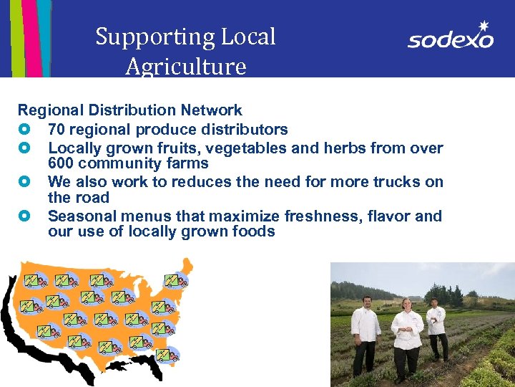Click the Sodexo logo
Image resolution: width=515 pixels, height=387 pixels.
point(451,36)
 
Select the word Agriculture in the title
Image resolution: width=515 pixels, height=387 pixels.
point(185,67)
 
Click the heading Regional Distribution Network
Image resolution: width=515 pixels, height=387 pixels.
point(130,110)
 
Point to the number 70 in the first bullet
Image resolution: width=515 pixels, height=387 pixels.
point(57,130)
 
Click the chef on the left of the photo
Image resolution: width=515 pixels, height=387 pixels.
point(366,333)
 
